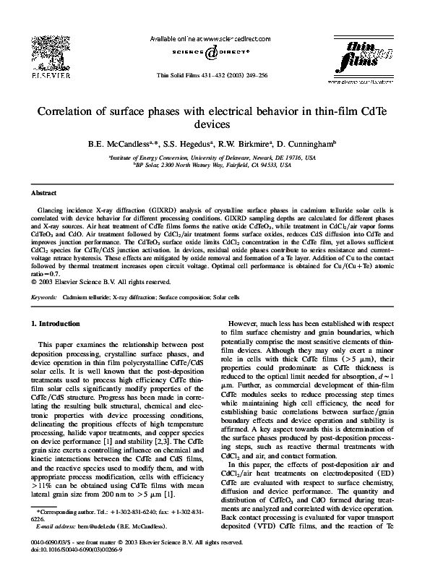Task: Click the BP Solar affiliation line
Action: [215, 165]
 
